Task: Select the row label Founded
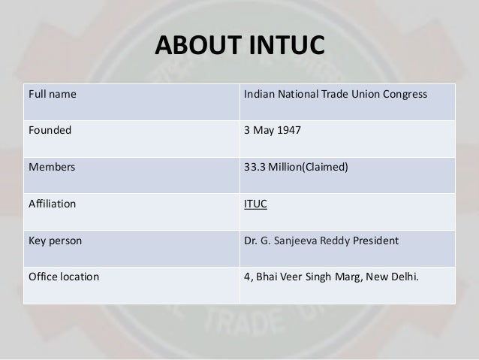(50, 129)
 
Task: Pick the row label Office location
(63, 276)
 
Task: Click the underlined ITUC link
(257, 203)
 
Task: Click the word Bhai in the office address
(268, 276)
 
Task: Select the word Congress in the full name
(404, 95)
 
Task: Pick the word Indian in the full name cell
(260, 95)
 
